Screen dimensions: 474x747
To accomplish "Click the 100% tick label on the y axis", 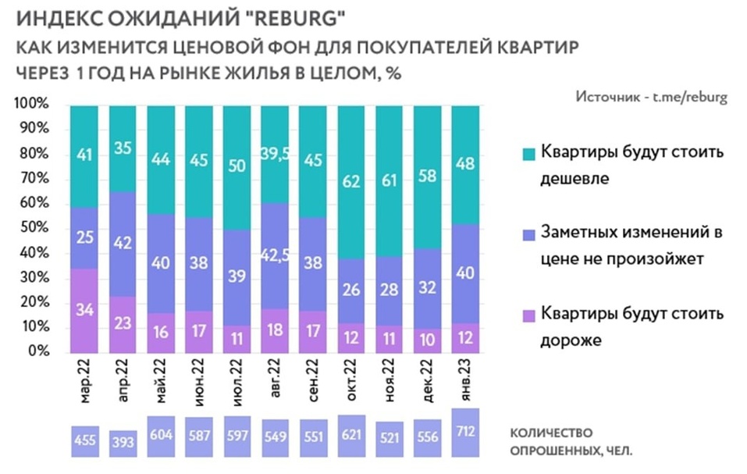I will click(x=31, y=104).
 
